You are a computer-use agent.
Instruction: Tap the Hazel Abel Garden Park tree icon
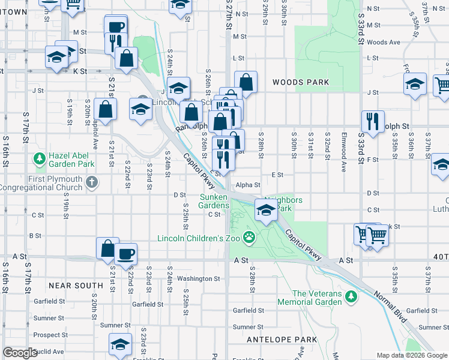pyautogui.click(x=40, y=159)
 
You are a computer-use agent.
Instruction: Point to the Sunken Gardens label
pyautogui.click(x=214, y=201)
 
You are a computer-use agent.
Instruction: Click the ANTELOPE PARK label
pyautogui.click(x=282, y=340)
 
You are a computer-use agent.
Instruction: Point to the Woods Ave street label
pyautogui.click(x=383, y=42)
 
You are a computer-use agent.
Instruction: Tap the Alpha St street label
pyautogui.click(x=247, y=185)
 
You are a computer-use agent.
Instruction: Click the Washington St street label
pyautogui.click(x=198, y=278)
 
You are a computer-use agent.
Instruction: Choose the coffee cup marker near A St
pyautogui.click(x=126, y=254)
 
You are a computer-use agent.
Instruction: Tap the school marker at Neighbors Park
pyautogui.click(x=266, y=209)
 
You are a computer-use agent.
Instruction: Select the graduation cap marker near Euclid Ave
pyautogui.click(x=120, y=344)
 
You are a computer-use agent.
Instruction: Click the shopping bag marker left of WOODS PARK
pyautogui.click(x=246, y=82)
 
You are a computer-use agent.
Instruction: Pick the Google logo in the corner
pyautogui.click(x=20, y=353)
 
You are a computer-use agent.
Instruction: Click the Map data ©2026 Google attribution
pyautogui.click(x=411, y=355)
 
